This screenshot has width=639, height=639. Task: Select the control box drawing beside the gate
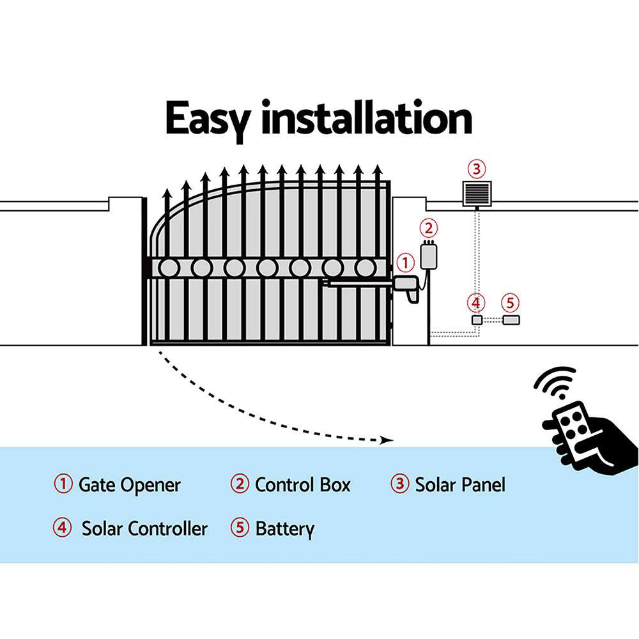point(428,255)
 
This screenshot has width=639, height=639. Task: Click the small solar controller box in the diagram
point(476,319)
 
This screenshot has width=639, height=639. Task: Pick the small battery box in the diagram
point(511,319)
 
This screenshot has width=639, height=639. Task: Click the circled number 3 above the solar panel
point(476,169)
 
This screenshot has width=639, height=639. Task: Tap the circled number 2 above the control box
point(429,227)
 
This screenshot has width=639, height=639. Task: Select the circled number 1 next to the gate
point(405,263)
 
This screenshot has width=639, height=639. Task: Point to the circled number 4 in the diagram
point(476,302)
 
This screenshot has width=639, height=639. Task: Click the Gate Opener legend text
point(129,484)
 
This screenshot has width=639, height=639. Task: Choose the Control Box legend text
point(302,484)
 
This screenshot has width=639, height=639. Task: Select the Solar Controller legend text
point(144,528)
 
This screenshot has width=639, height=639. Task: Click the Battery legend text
point(284,529)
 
